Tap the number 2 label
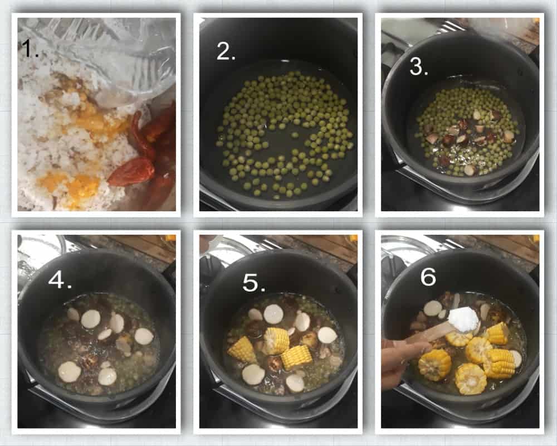point(226,51)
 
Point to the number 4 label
point(60,280)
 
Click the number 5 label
point(253,283)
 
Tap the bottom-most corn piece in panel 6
point(470,379)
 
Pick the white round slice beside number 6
point(433,308)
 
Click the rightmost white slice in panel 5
point(328,335)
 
